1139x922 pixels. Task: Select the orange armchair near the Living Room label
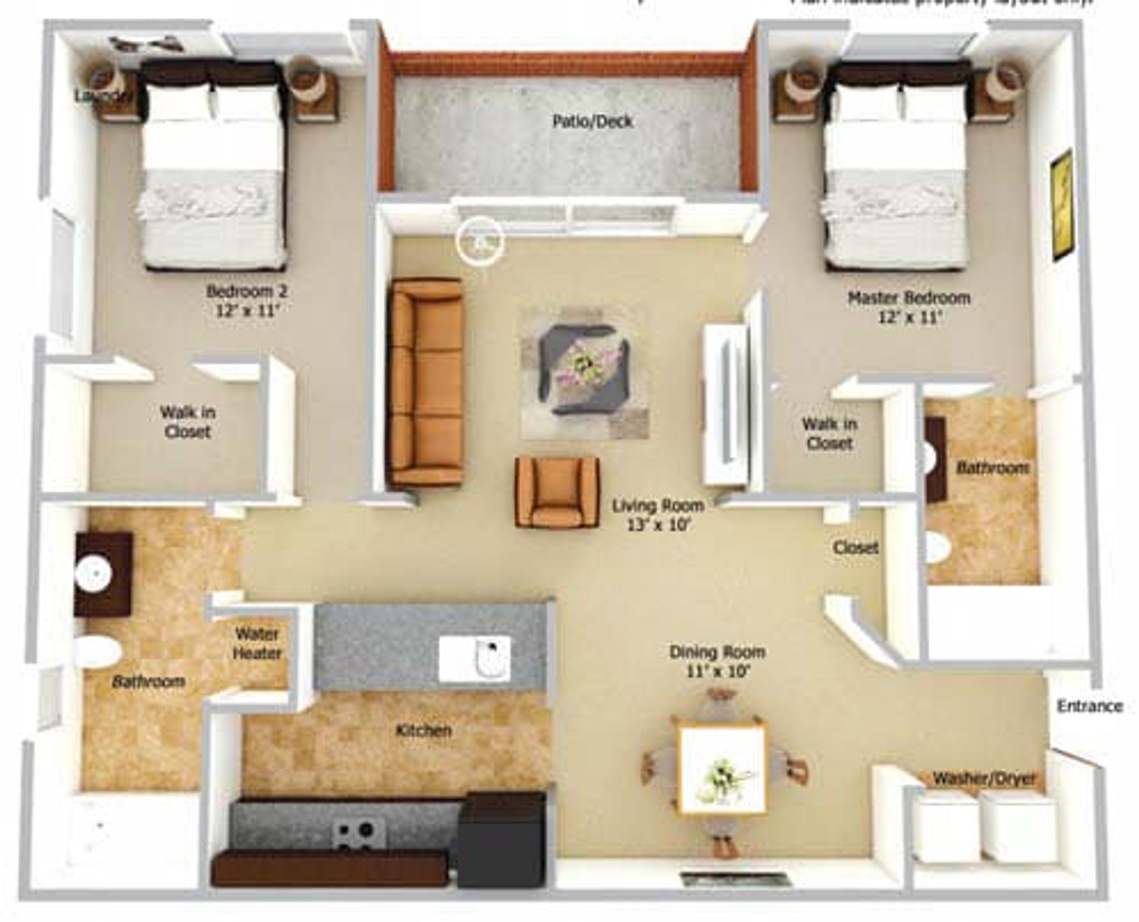556,492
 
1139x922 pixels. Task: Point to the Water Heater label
258,644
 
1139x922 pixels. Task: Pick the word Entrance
1090,706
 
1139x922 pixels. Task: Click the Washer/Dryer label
984,778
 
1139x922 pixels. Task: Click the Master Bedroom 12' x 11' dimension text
909,317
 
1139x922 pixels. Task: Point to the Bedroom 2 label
247,292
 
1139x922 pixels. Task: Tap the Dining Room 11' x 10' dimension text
717,672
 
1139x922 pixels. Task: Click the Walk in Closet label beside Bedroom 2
187,422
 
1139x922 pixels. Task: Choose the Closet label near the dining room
855,547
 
